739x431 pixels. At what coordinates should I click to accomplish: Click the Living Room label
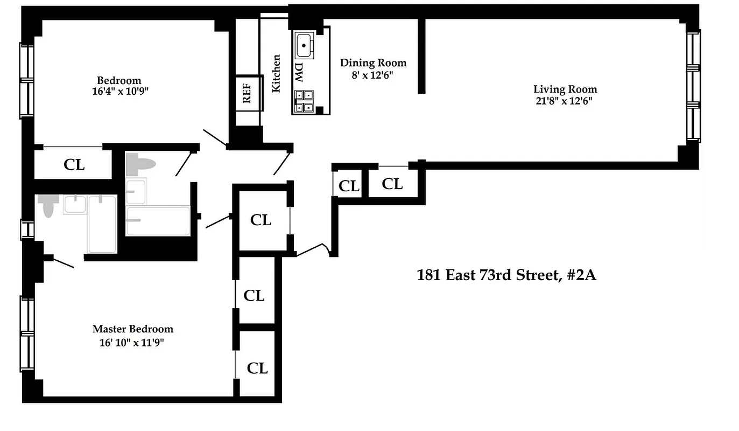565,89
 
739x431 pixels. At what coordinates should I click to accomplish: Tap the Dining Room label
373,63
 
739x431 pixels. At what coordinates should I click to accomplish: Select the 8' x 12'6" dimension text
373,75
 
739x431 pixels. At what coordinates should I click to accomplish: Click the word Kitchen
276,73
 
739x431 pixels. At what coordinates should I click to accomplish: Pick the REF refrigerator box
248,93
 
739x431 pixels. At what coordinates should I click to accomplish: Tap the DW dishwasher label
299,71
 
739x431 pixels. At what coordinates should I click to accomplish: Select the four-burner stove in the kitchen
304,102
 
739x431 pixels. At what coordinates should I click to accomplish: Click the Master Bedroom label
133,329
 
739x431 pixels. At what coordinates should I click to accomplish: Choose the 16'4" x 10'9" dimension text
119,92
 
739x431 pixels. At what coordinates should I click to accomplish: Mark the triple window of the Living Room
694,86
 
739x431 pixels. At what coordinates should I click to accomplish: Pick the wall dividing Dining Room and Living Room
422,57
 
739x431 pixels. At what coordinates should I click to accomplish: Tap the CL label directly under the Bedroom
74,165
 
